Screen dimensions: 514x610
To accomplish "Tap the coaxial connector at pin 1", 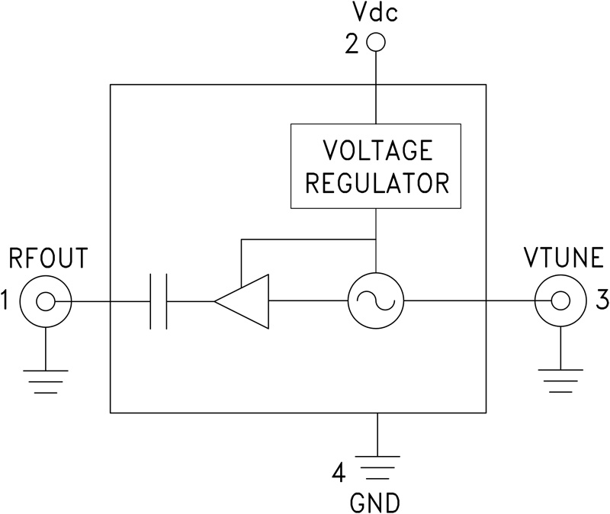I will pos(45,302).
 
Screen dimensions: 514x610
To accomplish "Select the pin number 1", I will pos(6,302).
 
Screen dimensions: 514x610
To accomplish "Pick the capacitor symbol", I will pos(159,302).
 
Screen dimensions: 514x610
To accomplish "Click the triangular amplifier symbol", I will pos(242,302).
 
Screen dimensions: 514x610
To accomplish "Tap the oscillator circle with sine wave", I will pos(375,302).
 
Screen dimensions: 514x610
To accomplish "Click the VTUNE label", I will pos(563,260).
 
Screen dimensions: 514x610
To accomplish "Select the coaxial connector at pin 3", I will pos(560,302).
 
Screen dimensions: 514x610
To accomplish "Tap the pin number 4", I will pos(338,474).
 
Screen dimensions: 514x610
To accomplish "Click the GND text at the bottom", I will pos(374,503).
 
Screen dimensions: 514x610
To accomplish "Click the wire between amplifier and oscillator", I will pos(308,302).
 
